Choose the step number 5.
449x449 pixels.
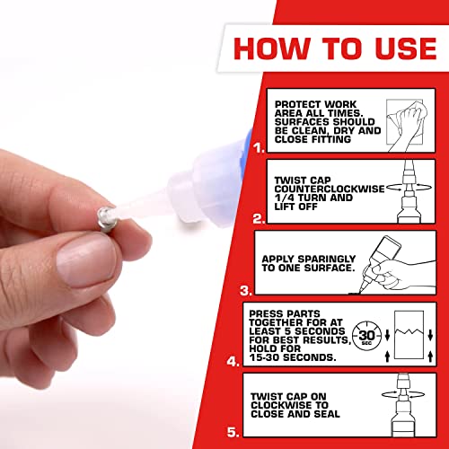232,433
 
